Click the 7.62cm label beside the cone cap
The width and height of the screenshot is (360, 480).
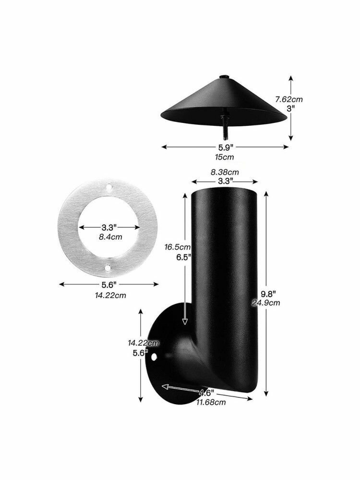(x=288, y=99)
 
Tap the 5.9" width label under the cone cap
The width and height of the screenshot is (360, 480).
(x=226, y=147)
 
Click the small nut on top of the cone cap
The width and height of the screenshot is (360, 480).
(x=224, y=76)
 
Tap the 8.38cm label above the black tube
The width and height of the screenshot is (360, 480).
(x=225, y=172)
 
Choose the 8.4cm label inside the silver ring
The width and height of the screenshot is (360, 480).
(x=110, y=237)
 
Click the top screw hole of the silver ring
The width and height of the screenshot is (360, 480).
(x=109, y=186)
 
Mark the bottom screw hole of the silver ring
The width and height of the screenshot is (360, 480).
(x=108, y=268)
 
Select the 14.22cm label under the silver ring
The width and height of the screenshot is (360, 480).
(x=110, y=295)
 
